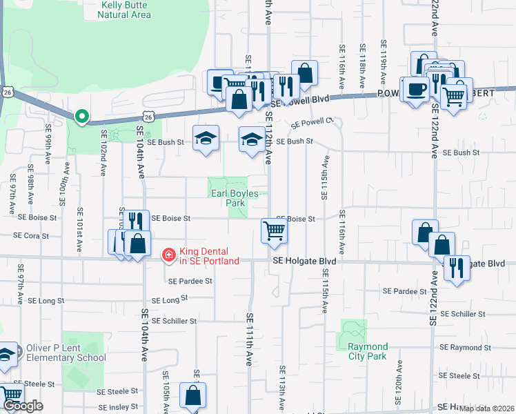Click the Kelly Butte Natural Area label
coord(126,8)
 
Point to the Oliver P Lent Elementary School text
coord(66,353)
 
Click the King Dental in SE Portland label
coord(209,256)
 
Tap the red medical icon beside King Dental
coord(168,256)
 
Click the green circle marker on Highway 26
coord(82,118)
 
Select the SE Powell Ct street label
coord(312,123)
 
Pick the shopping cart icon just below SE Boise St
coord(275,230)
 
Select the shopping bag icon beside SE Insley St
coord(193,396)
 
